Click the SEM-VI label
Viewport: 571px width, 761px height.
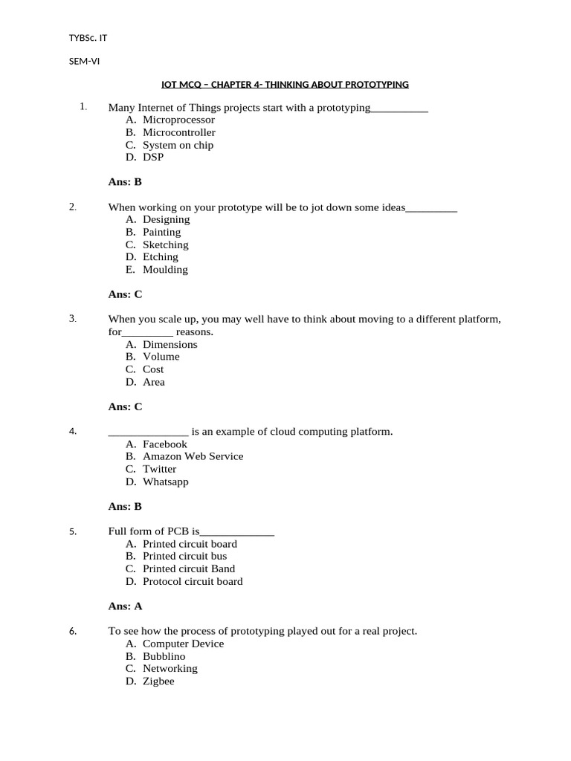pos(84,62)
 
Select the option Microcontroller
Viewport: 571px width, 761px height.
pos(178,132)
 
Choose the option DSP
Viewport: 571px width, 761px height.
pos(153,158)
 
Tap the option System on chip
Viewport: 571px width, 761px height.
pos(178,145)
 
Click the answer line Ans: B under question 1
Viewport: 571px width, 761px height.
pos(125,182)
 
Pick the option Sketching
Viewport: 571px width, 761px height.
pos(165,245)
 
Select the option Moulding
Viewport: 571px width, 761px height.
pos(165,270)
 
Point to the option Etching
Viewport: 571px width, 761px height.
pos(160,257)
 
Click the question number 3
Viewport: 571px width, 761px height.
pos(73,319)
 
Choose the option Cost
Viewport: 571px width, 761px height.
pos(153,369)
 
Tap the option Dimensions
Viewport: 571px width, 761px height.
pos(170,345)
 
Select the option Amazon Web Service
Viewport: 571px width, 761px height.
pos(193,456)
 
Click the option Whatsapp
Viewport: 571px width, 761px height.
pos(165,482)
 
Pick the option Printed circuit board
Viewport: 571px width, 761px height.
pos(190,544)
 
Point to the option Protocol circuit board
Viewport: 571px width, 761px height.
pos(193,581)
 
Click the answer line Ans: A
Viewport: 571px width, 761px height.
pos(125,606)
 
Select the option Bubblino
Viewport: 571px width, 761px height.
pos(164,656)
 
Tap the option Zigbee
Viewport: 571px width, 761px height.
pos(158,681)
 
